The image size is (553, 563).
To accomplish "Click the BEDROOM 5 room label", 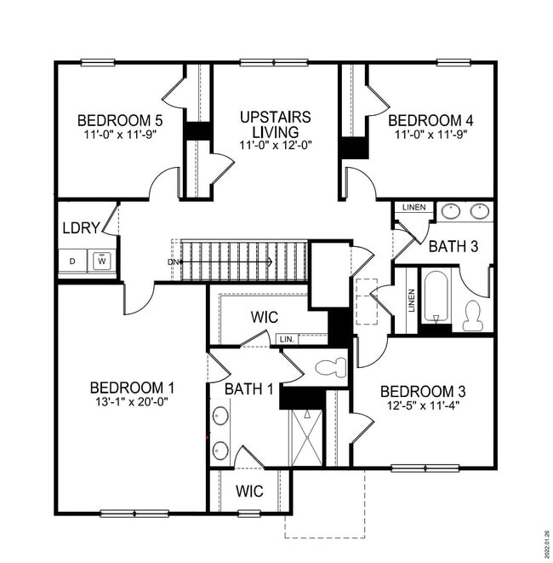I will pyautogui.click(x=119, y=119).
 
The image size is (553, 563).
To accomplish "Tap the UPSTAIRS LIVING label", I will pyautogui.click(x=275, y=118).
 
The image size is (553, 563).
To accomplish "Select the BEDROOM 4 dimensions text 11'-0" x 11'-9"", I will pyautogui.click(x=430, y=134).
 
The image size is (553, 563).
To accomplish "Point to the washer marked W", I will pyautogui.click(x=103, y=260).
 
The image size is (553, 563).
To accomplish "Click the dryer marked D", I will pyautogui.click(x=72, y=260).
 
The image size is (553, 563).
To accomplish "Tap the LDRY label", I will pyautogui.click(x=82, y=228).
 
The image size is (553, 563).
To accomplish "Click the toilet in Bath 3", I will pyautogui.click(x=474, y=317).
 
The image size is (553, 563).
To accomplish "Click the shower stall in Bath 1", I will pyautogui.click(x=305, y=438).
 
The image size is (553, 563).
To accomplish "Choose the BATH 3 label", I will pyautogui.click(x=453, y=247).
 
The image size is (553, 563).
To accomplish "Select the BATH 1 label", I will pyautogui.click(x=249, y=389).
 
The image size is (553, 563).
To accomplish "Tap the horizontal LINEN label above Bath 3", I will pyautogui.click(x=413, y=207).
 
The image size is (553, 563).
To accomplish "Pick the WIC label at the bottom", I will pyautogui.click(x=249, y=491).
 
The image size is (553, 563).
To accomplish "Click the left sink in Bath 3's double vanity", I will pyautogui.click(x=451, y=211).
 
